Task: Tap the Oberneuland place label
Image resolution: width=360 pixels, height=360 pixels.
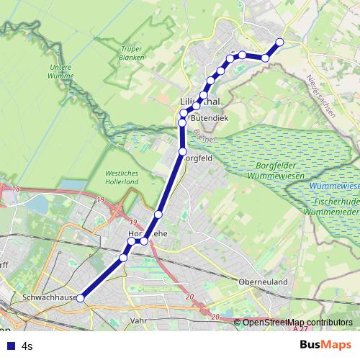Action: point(264,282)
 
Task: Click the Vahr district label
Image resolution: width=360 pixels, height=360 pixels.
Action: point(140,320)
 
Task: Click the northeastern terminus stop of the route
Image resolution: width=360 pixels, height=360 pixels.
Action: point(279,42)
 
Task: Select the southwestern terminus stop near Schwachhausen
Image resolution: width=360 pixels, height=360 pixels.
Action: point(81,298)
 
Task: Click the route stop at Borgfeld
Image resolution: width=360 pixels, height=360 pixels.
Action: point(183,151)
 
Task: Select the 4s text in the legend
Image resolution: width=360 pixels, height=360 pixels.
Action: point(27,346)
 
